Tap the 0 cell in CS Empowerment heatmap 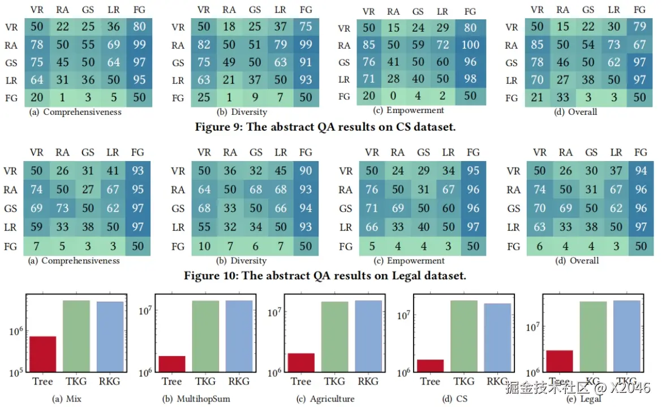point(394,96)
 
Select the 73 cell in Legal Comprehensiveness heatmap point(63,207)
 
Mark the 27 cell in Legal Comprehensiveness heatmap point(88,190)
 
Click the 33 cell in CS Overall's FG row point(563,98)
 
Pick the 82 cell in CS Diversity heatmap point(205,45)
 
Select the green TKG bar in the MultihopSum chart point(205,336)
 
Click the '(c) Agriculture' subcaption point(326,399)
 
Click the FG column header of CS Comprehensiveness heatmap point(139,10)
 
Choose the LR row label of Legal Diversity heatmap point(178,227)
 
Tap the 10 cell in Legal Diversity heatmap point(205,247)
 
